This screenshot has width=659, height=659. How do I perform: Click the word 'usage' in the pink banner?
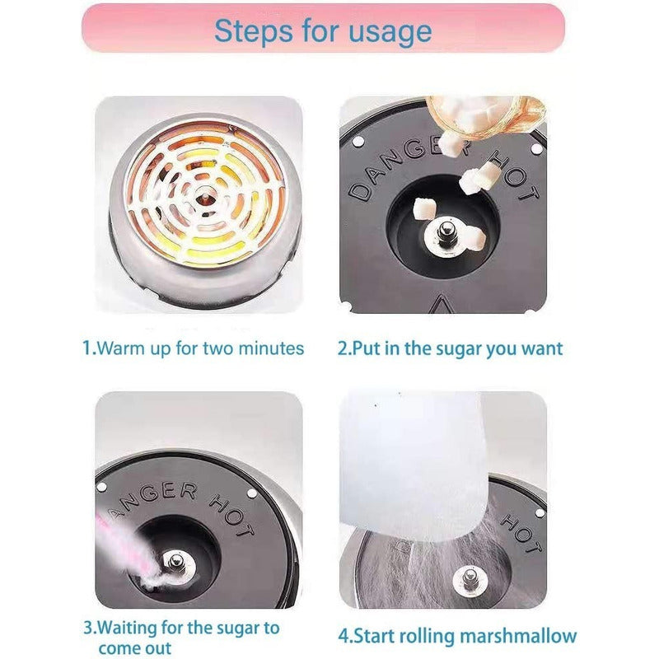coord(390,32)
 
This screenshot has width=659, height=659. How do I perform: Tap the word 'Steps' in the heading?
coord(254,30)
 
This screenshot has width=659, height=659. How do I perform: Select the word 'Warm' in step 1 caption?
coord(120,348)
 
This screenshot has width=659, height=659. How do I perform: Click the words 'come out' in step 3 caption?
coord(135,648)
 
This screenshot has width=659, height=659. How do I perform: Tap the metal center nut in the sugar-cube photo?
coord(446,233)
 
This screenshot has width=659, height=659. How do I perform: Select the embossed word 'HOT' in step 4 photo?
coord(521,535)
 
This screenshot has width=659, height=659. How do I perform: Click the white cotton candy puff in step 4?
coord(414,462)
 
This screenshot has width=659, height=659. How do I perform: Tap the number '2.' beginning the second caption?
coord(344,348)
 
